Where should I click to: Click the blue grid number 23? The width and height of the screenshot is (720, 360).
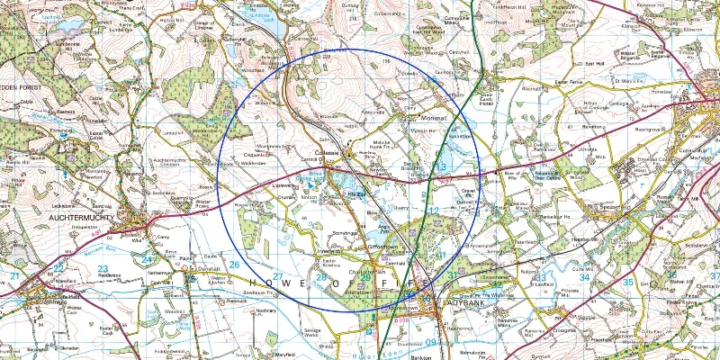(103, 268)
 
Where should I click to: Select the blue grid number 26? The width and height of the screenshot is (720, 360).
(234, 265)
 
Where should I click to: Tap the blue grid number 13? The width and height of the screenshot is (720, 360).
(441, 167)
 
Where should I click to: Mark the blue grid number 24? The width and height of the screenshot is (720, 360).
(147, 259)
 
